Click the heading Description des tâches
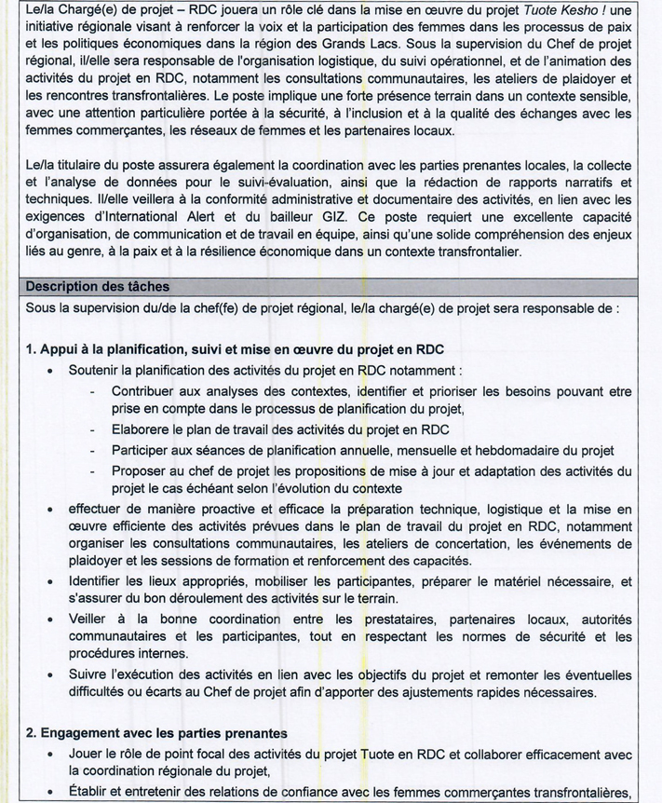point(98,286)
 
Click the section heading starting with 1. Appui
point(235,349)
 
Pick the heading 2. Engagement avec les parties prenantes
point(156,734)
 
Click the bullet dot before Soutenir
point(50,371)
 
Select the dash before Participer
point(93,451)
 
